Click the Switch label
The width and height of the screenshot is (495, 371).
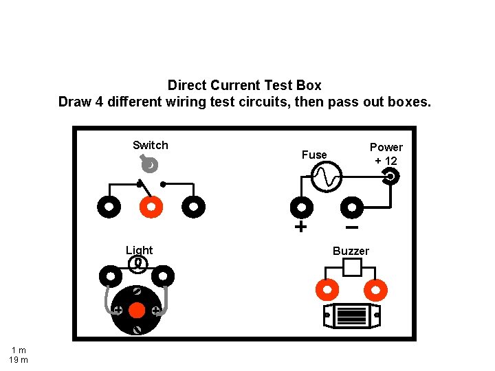point(150,145)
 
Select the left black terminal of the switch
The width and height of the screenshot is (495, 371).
point(108,206)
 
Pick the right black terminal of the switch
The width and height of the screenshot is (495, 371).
point(194,206)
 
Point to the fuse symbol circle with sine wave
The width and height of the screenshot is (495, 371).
point(326,178)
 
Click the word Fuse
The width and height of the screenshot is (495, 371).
point(314,155)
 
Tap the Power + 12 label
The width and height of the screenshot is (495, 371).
point(386,154)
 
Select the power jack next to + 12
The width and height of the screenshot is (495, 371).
point(390,177)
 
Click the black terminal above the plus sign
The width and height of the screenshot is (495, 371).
point(301,207)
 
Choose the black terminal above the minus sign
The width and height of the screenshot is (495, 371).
point(352,207)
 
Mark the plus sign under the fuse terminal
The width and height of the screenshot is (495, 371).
point(300,227)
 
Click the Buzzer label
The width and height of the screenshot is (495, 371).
point(351,251)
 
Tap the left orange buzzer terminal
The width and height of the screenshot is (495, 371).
point(326,290)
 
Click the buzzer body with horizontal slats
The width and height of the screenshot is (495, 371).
point(351,316)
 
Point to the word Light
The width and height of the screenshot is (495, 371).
point(139,250)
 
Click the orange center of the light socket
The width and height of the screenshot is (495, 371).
point(137,311)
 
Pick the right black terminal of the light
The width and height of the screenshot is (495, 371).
point(163,277)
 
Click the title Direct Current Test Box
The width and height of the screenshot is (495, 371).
point(244,86)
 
